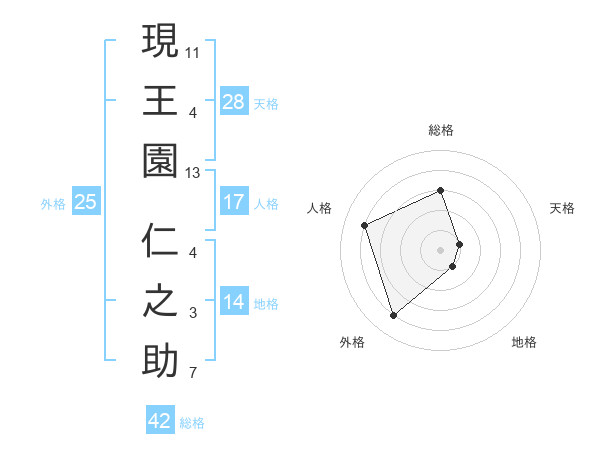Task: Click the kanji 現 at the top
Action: click(160, 42)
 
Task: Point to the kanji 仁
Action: click(160, 241)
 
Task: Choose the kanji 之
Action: click(160, 301)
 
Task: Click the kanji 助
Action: click(160, 361)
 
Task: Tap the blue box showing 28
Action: click(234, 101)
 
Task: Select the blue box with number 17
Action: click(234, 202)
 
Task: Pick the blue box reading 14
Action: click(234, 302)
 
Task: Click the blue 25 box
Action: click(85, 202)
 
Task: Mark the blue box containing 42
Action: click(160, 421)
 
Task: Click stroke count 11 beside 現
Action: click(194, 50)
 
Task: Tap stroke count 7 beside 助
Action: click(194, 375)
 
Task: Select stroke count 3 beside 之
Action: click(194, 314)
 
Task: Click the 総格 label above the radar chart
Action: click(441, 130)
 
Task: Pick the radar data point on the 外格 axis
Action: click(394, 316)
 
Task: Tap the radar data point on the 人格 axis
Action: click(366, 225)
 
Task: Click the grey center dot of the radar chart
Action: click(441, 249)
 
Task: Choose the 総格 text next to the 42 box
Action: click(192, 423)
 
